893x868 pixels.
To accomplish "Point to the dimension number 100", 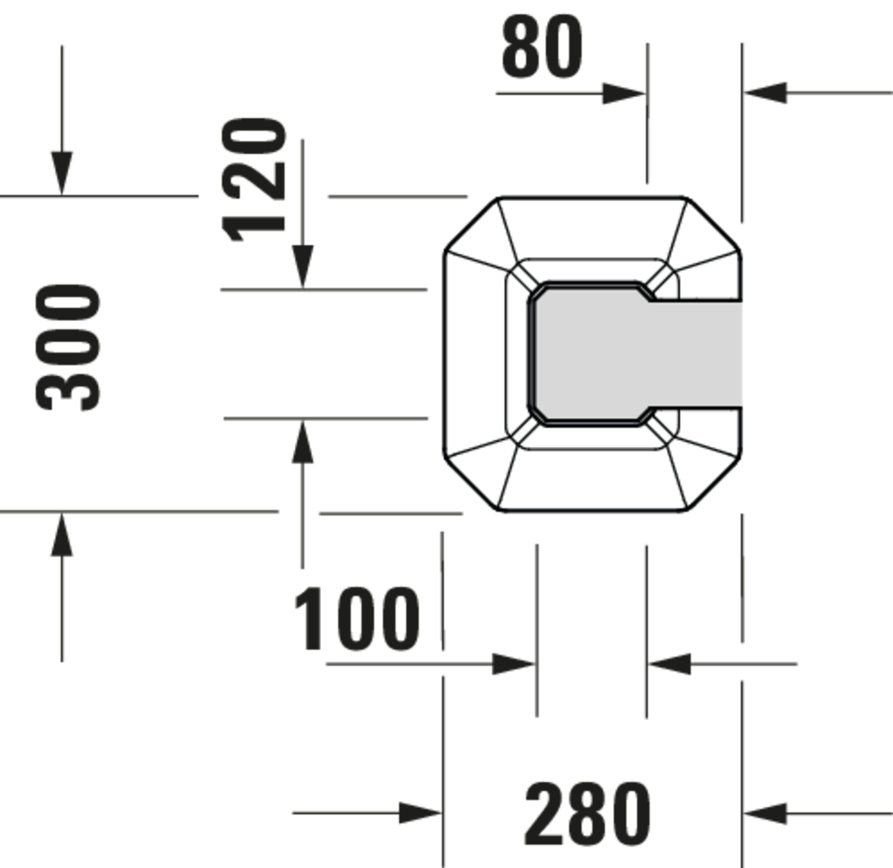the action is pos(356,618).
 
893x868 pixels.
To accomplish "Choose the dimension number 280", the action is pos(587,814).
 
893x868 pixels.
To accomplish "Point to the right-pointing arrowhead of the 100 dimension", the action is pos(513,664).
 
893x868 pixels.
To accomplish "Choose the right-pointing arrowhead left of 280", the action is pos(420,813).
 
